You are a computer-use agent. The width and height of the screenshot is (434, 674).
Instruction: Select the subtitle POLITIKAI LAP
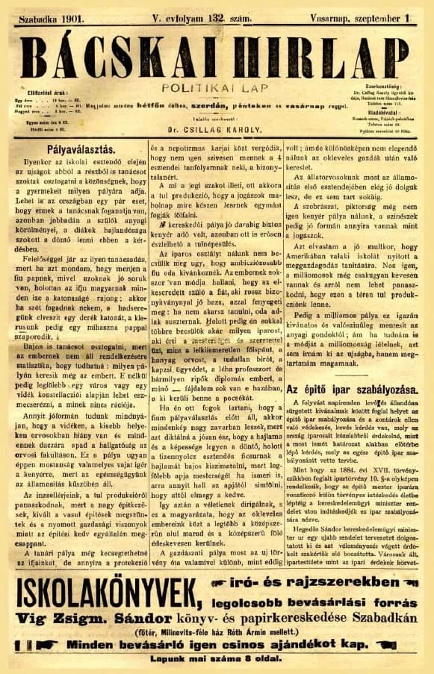click(x=214, y=87)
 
